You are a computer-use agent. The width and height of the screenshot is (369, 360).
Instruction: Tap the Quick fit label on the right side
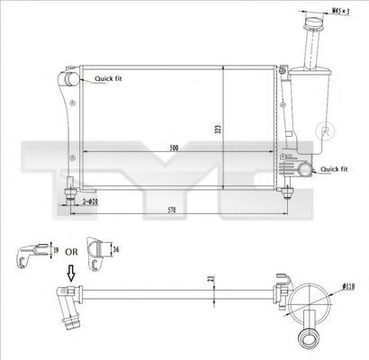333,168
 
